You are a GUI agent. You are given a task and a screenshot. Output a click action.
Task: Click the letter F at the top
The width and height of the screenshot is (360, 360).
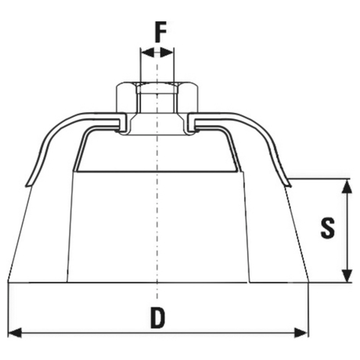point(160,32)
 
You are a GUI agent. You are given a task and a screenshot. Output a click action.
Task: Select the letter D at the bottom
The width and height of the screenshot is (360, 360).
point(158,318)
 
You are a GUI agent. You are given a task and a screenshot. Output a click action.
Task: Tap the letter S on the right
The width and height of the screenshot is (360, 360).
point(327,228)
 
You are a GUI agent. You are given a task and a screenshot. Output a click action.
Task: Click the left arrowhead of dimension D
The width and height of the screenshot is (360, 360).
point(15,333)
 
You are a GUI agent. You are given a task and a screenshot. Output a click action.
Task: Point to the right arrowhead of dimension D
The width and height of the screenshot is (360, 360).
point(301,333)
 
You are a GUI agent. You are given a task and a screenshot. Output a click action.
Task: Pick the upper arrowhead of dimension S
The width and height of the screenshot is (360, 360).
point(347,186)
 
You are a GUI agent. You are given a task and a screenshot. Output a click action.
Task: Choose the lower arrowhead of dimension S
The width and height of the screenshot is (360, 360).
point(347,275)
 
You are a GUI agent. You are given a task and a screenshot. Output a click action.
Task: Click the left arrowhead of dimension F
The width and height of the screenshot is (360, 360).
point(147,52)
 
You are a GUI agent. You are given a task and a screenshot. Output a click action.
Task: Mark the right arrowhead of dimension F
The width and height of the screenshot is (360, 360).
point(167,52)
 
